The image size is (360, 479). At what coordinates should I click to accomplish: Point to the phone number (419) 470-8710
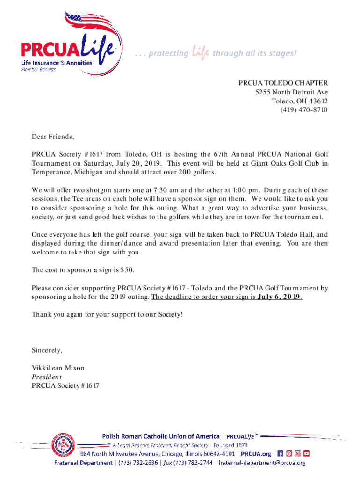(x=304, y=110)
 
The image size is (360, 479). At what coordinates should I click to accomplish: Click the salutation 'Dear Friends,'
(x=53, y=137)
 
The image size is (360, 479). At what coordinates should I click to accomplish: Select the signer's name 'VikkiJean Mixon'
(x=58, y=368)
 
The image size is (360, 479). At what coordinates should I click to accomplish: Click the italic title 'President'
(x=47, y=377)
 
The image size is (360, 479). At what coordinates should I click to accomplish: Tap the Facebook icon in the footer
(x=280, y=454)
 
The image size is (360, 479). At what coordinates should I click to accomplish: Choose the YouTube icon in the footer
(x=307, y=454)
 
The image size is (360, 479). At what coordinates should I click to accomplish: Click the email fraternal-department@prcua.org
(x=263, y=463)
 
